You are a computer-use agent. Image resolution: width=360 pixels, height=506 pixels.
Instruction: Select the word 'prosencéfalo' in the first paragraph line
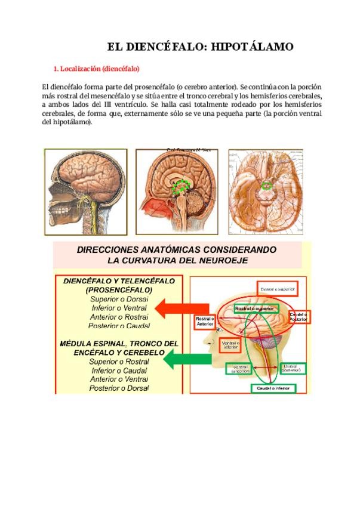click(143, 87)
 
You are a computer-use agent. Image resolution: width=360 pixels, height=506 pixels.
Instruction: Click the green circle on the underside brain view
click(267, 185)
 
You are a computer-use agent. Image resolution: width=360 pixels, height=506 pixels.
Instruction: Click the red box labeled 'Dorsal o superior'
click(278, 289)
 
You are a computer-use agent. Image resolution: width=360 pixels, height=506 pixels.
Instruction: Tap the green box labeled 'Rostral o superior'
click(256, 308)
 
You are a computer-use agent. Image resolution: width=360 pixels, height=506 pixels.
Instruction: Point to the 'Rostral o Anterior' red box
click(205, 321)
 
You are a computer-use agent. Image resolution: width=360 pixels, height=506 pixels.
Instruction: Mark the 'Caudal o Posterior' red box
click(298, 316)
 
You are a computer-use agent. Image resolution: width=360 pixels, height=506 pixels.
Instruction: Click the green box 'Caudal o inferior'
click(272, 388)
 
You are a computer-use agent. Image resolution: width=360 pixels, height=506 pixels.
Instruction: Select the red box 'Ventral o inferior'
click(230, 346)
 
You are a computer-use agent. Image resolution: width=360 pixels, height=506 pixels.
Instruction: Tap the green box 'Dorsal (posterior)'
click(292, 368)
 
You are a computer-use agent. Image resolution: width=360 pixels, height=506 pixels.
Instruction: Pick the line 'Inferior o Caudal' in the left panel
click(119, 370)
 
